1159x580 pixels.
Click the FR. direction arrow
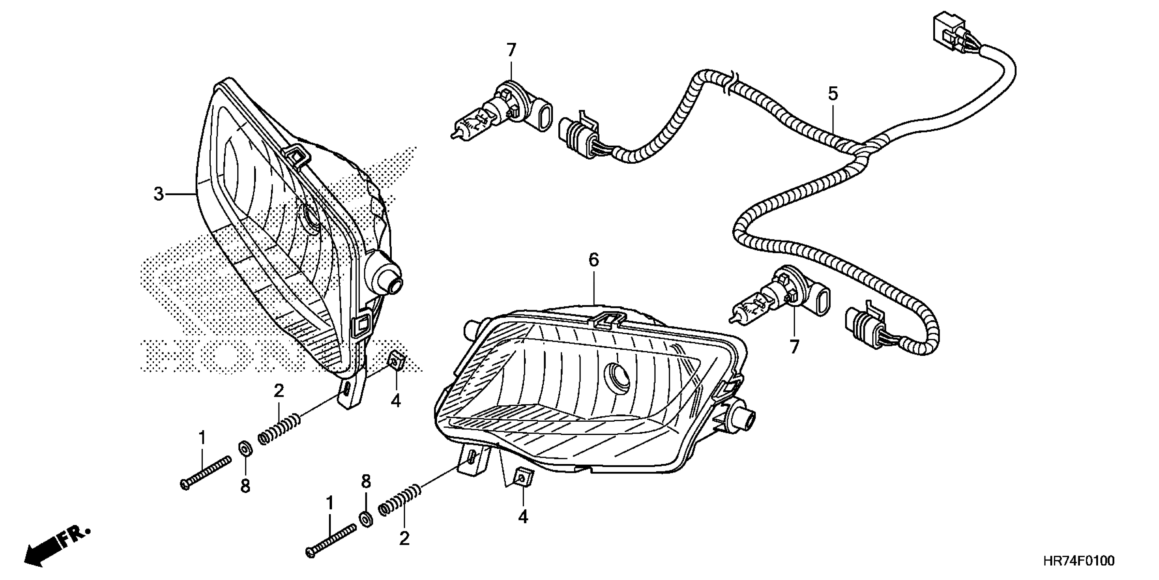[x=56, y=548]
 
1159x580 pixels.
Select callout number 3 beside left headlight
[x=159, y=194]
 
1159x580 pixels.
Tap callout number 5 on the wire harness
[x=833, y=94]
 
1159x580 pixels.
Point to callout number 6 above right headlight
[x=594, y=260]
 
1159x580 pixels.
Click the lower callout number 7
[x=794, y=346]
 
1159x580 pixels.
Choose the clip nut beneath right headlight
[x=522, y=477]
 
